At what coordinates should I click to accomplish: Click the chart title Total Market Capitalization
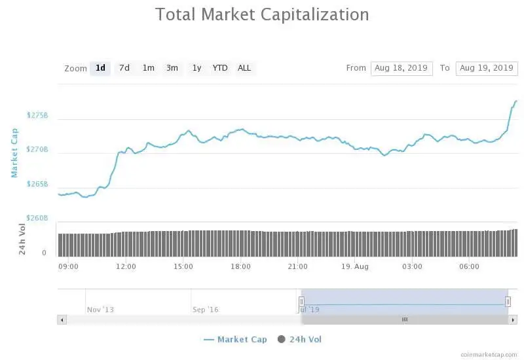coord(261,14)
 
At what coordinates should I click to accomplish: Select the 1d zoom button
coord(100,68)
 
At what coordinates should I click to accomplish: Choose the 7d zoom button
coord(124,68)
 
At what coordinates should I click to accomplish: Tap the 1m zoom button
coord(148,68)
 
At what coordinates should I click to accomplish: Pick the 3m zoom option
coord(172,68)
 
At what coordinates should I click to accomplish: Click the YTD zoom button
coord(220,68)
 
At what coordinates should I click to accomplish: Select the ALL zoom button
coord(244,68)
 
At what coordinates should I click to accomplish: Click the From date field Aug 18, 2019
coord(401,68)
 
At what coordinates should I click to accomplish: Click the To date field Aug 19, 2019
coord(486,68)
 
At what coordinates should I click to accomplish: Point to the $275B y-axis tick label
coord(37,115)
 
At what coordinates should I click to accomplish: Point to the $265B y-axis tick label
coord(37,184)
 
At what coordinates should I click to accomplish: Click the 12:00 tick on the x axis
coord(126,266)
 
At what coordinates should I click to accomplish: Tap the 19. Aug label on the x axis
coord(354,266)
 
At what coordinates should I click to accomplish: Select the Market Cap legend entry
coord(235,339)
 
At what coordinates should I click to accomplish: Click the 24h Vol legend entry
coord(300,339)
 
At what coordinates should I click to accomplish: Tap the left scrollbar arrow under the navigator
coord(62,319)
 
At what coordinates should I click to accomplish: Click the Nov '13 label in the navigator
coord(100,309)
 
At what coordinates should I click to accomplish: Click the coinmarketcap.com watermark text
coord(488,354)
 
